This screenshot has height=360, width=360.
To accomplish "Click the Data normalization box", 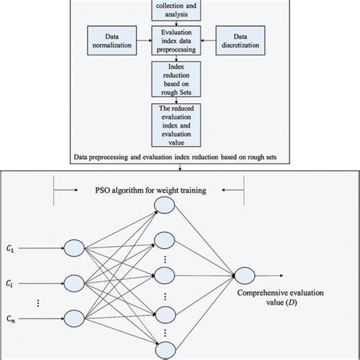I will pos(111,42).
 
